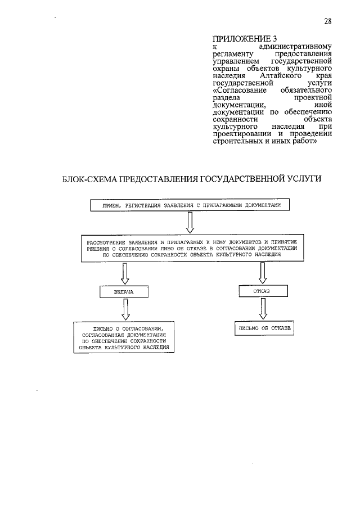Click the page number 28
tap(328, 21)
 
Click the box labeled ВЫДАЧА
tap(125, 292)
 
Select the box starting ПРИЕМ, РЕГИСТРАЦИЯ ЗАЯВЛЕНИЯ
tap(190, 206)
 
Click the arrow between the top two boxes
tap(190, 222)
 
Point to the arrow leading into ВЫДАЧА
tap(125, 274)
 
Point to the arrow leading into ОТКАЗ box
tap(262, 274)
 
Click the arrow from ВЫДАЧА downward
tap(125, 309)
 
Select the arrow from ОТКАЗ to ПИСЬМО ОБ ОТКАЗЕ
tap(262, 309)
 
